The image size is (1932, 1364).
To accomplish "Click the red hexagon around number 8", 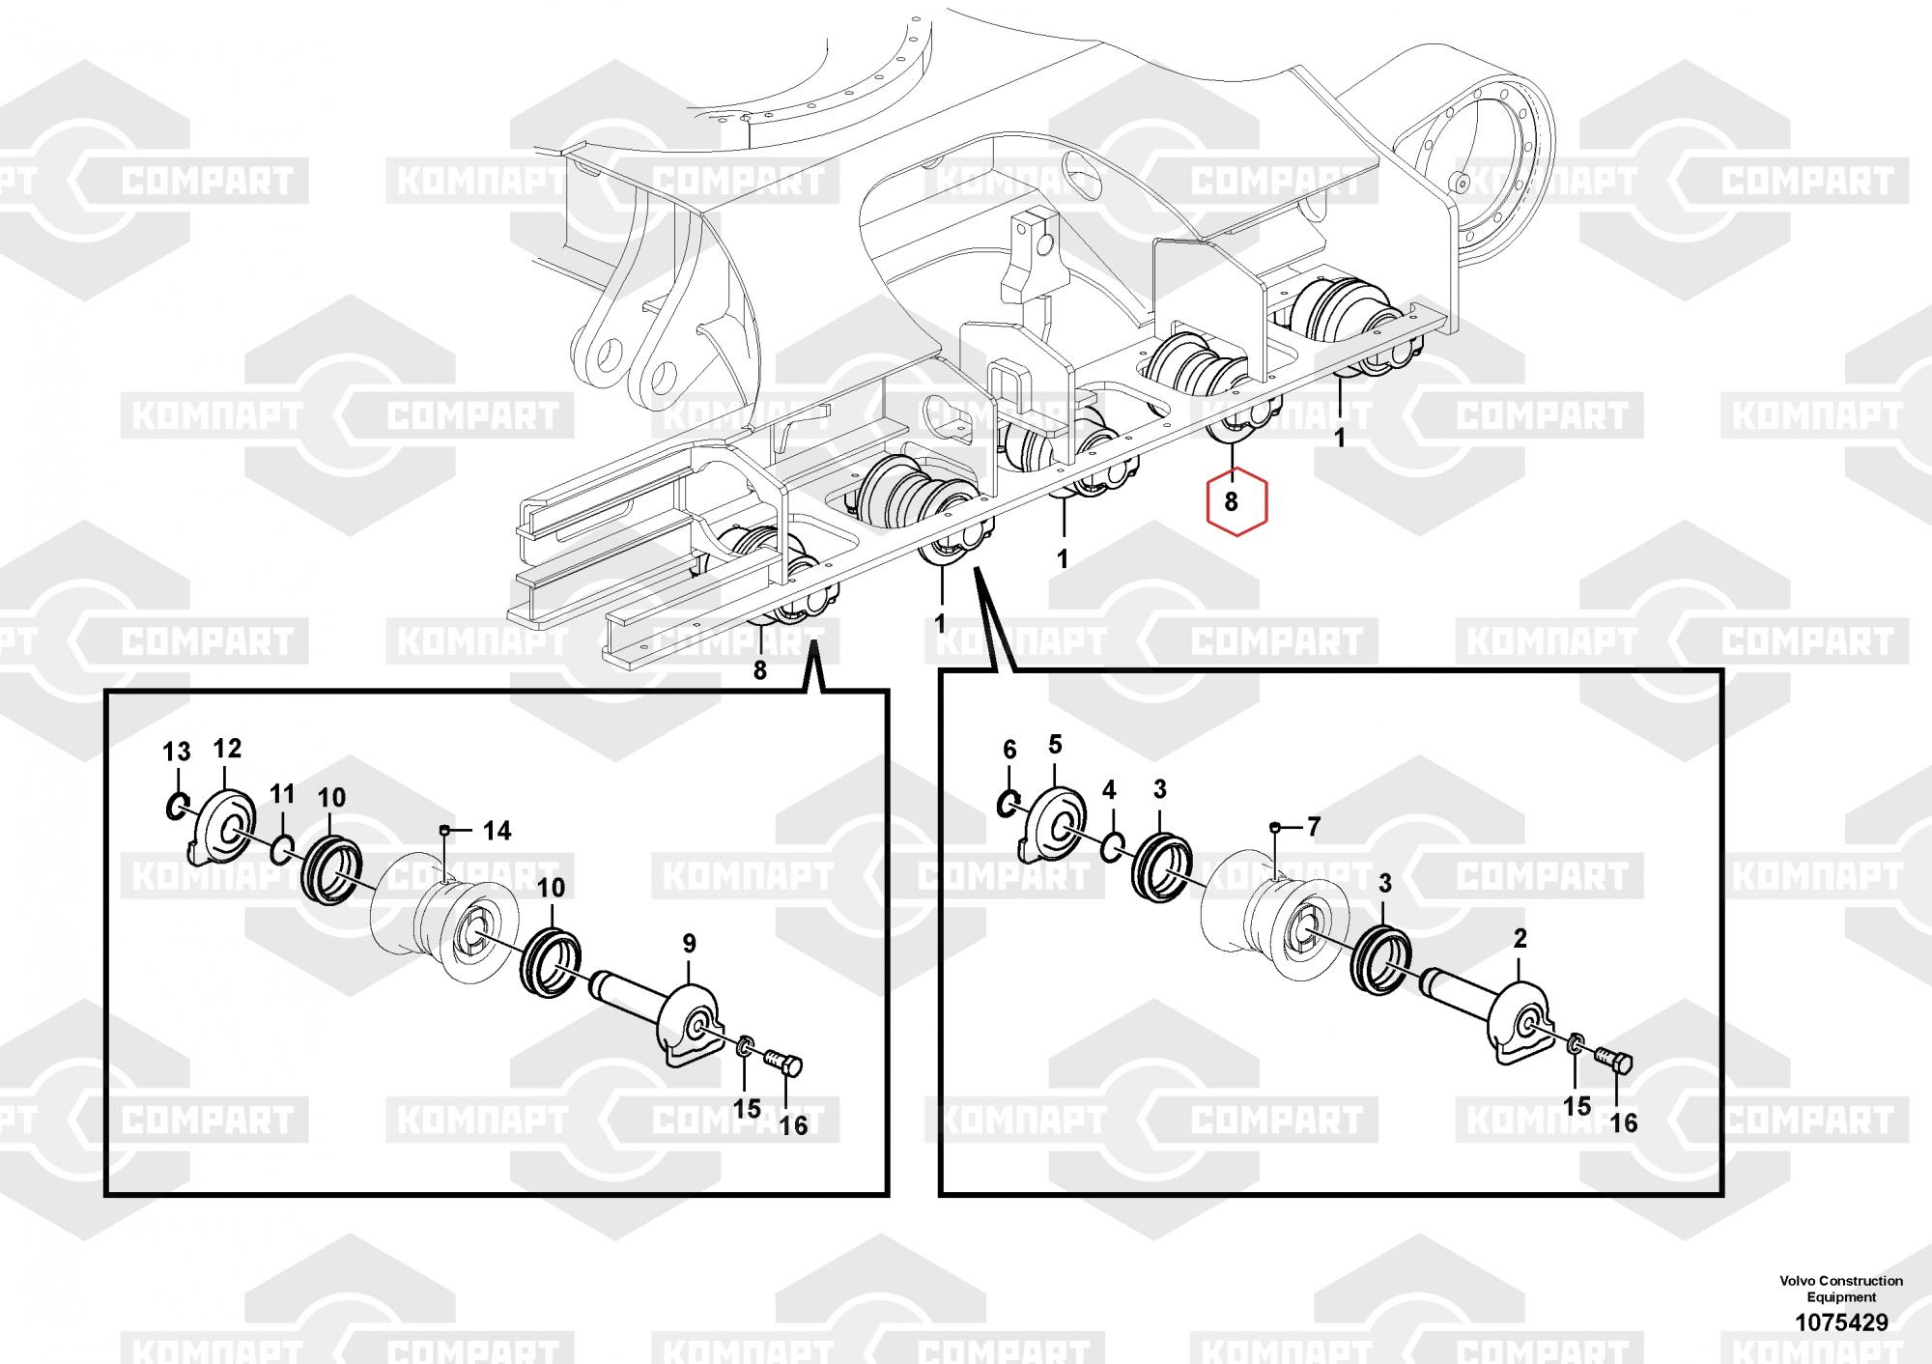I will pos(1231,501).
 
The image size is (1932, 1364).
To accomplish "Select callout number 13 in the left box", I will pos(177,753).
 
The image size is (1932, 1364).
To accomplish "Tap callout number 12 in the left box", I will pos(227,748).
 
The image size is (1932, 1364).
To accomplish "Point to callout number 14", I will pos(497,831).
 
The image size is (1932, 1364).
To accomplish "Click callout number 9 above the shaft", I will pos(689,943).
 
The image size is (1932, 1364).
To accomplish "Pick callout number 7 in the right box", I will pos(1313,827).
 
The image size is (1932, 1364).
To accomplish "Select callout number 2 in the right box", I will pos(1520,938).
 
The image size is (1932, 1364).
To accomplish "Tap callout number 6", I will pos(1009,750).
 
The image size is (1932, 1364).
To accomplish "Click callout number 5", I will pos(1055,744).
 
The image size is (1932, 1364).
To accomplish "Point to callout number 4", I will pos(1109,790).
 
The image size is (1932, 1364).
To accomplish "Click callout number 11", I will pos(281,794).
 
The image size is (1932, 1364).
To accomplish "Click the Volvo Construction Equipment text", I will pos(1841,1289).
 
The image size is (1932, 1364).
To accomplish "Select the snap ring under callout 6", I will pos(1008,802).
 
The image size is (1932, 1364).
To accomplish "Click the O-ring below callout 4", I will pos(1111,847).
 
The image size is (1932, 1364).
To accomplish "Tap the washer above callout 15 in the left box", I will pos(745,1046).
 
